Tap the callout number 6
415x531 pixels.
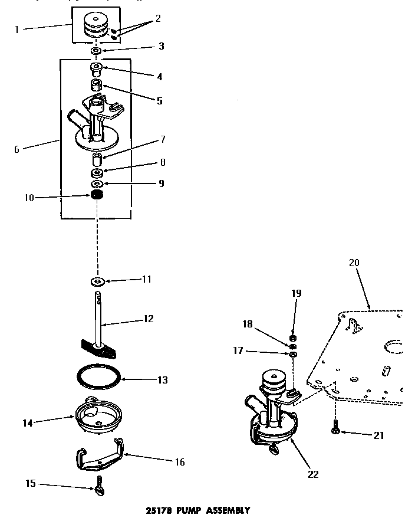coord(17,149)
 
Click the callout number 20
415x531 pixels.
coord(354,263)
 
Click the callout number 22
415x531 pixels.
coord(314,474)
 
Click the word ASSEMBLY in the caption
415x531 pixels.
coord(227,510)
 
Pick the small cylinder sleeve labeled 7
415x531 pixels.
coord(97,160)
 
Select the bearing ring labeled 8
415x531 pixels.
coord(95,173)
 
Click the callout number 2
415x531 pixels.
coord(158,18)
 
